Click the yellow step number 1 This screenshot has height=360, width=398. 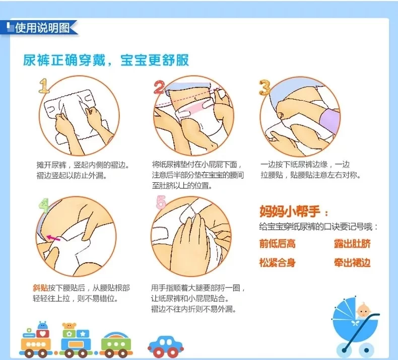[44, 86]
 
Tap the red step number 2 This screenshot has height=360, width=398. [159, 88]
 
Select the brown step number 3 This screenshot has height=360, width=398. [265, 88]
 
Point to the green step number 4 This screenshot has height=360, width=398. [44, 205]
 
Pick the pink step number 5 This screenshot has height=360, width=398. [161, 202]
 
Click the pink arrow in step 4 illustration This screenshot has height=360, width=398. [53, 238]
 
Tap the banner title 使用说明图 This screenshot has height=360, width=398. [42, 28]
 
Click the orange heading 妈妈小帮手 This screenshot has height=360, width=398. [290, 211]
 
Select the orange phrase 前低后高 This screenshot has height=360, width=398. [278, 244]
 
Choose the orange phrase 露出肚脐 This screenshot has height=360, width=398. [352, 244]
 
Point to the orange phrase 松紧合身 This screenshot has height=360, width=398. [278, 263]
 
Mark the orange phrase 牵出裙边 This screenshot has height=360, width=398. [352, 263]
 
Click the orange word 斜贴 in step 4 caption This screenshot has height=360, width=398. [40, 287]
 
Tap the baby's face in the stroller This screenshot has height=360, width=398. [363, 310]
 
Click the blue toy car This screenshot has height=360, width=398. [166, 346]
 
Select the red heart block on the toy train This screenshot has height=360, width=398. [43, 333]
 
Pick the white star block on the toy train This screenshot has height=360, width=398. [83, 334]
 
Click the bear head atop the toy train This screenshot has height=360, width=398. [69, 325]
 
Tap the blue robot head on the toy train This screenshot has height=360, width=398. [43, 325]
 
